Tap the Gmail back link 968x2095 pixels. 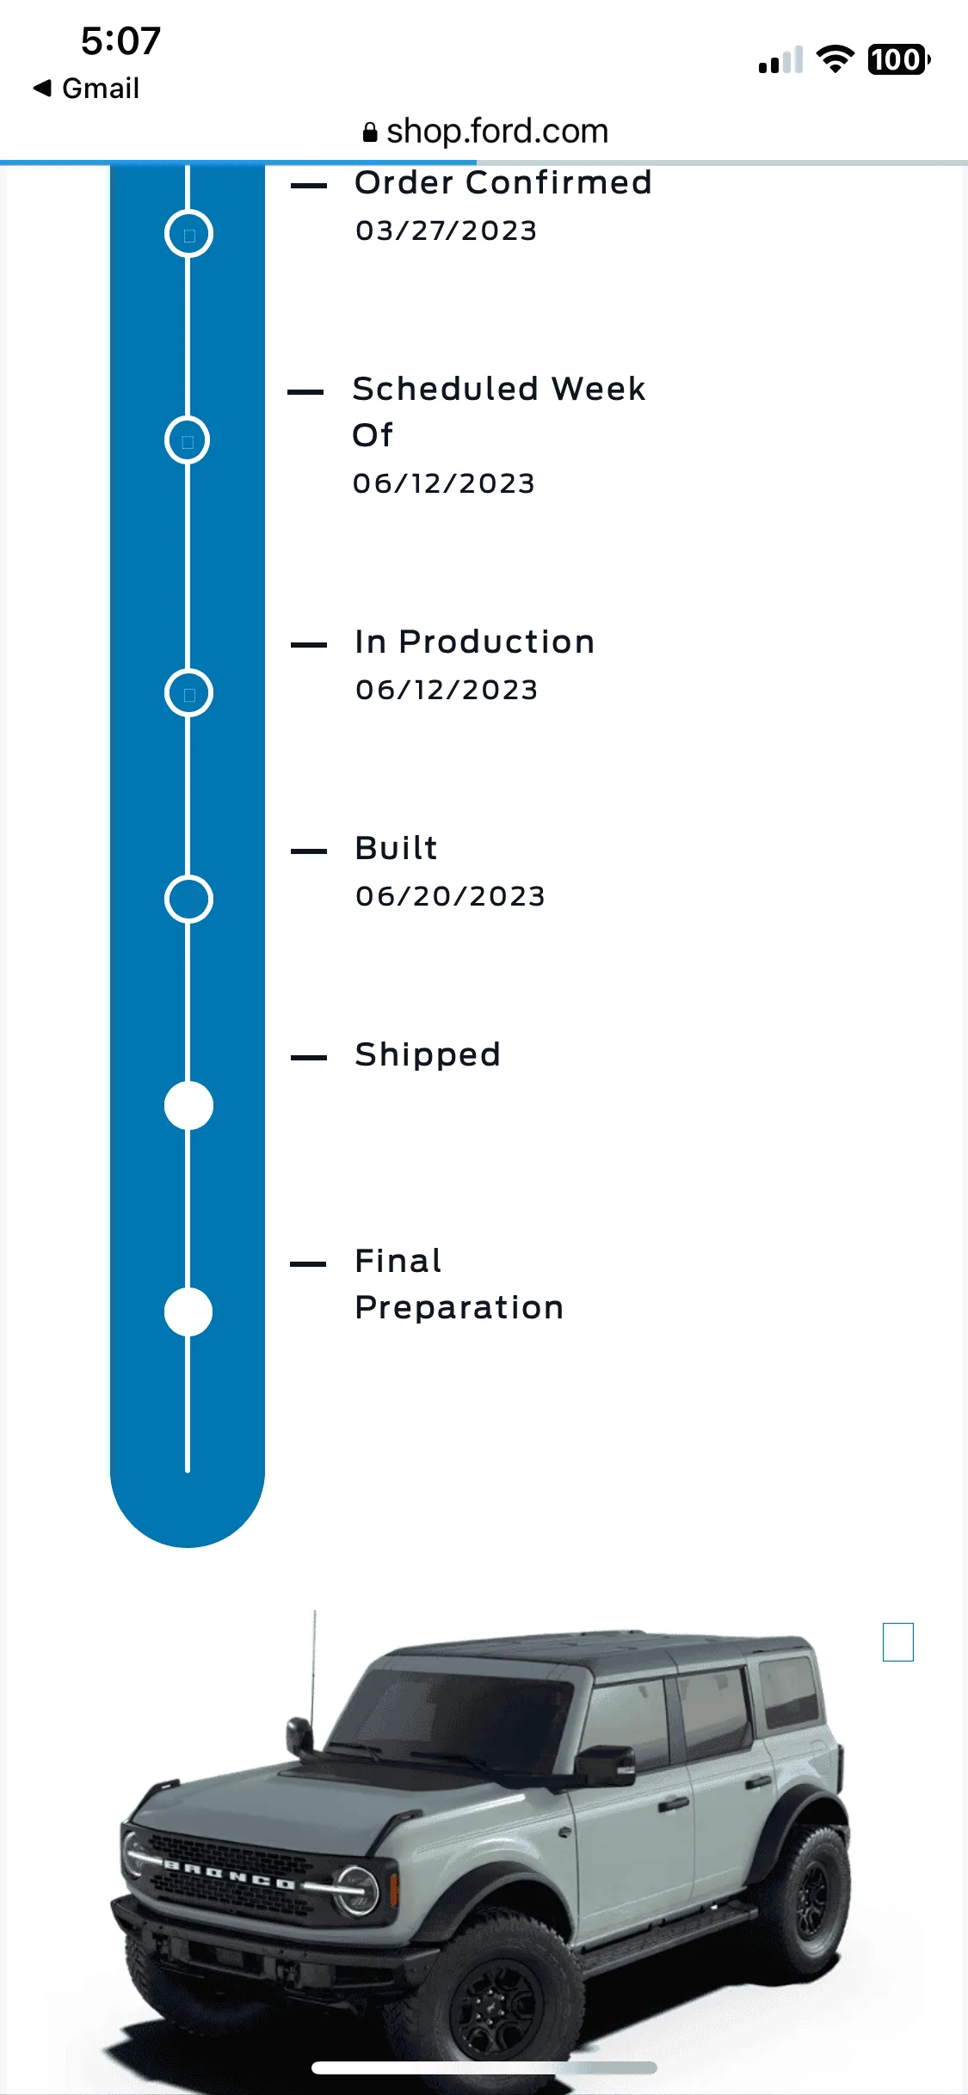pos(86,88)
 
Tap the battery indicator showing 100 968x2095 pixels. pos(899,59)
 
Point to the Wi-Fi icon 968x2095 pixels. pos(835,58)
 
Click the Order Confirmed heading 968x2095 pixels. pos(503,182)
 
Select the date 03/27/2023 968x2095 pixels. pos(447,230)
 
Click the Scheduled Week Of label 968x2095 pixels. pos(499,411)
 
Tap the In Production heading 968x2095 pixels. pos(475,642)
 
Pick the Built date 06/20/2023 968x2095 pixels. pos(451,896)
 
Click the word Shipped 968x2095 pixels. pos(428,1054)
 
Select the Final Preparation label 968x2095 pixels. pos(459,1284)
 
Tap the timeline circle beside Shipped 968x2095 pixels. pos(188,1105)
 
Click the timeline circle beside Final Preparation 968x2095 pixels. pos(188,1312)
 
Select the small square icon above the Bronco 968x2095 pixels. pos(898,1642)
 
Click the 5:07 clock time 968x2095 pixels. pos(120,41)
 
